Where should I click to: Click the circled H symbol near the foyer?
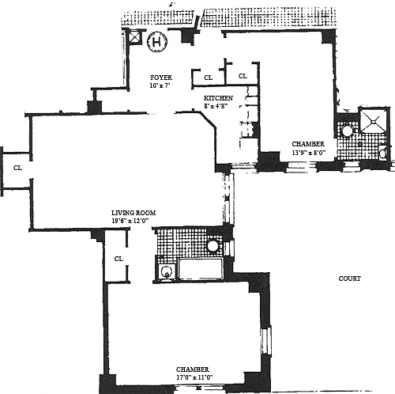tap(157, 42)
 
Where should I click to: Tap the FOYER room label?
tap(161, 78)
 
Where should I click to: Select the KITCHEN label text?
tap(218, 98)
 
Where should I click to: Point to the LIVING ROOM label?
tap(134, 213)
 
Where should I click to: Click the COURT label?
tap(350, 278)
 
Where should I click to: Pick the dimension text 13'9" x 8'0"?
tap(309, 153)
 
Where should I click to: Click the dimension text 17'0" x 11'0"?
tap(194, 377)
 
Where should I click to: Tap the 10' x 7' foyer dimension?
tap(160, 85)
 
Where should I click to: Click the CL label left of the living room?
tap(17, 168)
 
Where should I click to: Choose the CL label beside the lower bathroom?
tap(118, 259)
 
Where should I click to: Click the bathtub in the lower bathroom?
tap(201, 268)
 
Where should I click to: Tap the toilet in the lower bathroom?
tap(167, 272)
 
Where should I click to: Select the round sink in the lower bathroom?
tap(213, 246)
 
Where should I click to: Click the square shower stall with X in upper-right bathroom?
tap(373, 120)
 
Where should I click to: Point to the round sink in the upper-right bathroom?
tap(348, 131)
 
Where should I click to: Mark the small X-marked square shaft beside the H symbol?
tap(135, 37)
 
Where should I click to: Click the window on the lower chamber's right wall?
tap(266, 341)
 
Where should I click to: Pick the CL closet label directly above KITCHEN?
tap(209, 78)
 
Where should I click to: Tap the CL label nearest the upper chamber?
tap(243, 76)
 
